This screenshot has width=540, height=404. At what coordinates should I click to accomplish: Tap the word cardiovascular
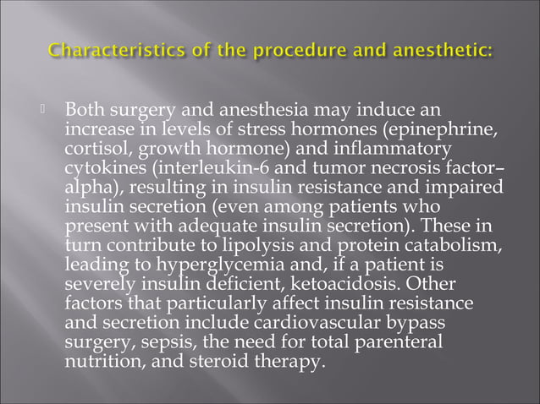coord(312,317)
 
